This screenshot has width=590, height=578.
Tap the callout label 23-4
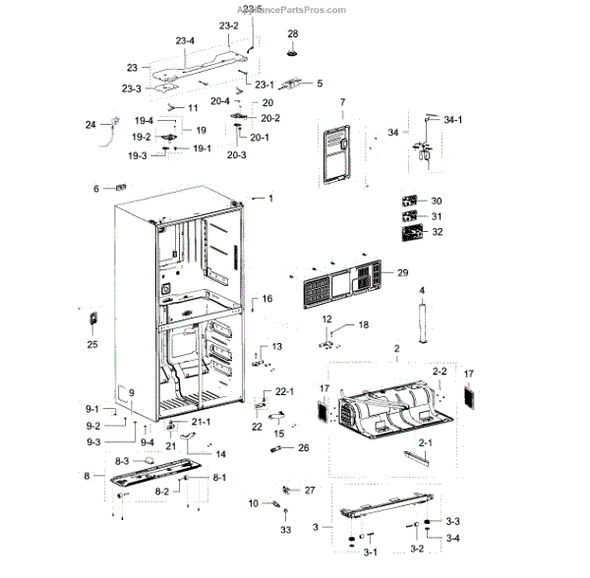(x=184, y=41)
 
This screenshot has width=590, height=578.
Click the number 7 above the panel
(x=343, y=103)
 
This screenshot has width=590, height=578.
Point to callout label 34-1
(x=453, y=119)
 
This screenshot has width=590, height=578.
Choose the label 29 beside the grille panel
(x=401, y=272)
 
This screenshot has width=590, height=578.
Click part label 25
(x=93, y=345)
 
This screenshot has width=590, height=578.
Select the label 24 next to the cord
(x=89, y=125)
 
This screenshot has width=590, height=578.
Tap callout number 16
(x=266, y=299)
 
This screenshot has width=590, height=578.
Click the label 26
(x=303, y=448)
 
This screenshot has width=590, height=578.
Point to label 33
(x=285, y=531)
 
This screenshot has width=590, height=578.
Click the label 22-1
(x=285, y=391)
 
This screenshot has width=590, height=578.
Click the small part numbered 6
(x=120, y=189)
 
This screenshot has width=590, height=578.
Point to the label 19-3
(x=136, y=155)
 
